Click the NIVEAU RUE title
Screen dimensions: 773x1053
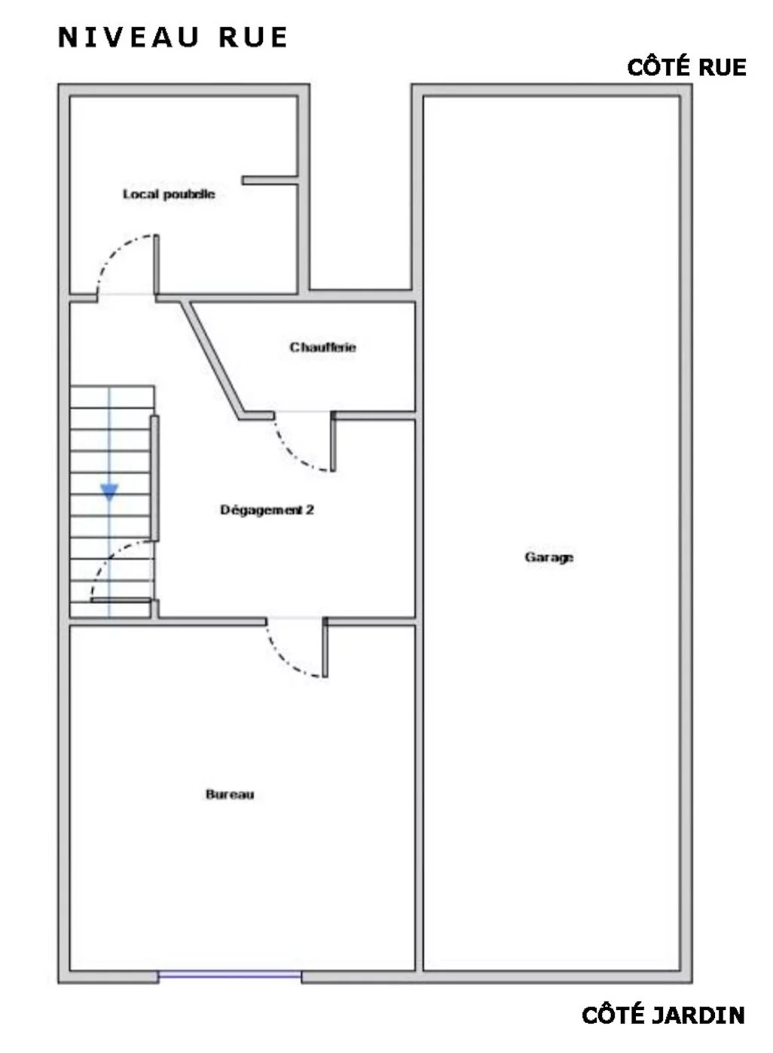pyautogui.click(x=173, y=38)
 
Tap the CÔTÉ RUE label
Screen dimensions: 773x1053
pyautogui.click(x=686, y=67)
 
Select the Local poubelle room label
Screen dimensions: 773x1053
pyautogui.click(x=169, y=194)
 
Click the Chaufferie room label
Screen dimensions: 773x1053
pyautogui.click(x=322, y=347)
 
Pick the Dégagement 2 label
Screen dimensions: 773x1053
pyautogui.click(x=267, y=510)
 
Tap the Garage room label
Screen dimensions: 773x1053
pyautogui.click(x=548, y=557)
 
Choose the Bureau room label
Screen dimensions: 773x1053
pyautogui.click(x=230, y=795)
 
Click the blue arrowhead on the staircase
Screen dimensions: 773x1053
pyautogui.click(x=109, y=492)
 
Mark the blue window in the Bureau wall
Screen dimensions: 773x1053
pyautogui.click(x=230, y=975)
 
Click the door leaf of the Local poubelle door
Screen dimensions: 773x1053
pyautogui.click(x=156, y=264)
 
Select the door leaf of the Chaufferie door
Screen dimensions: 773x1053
pyautogui.click(x=333, y=441)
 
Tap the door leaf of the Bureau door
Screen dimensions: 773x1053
pyautogui.click(x=325, y=647)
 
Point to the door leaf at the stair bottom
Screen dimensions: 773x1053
pyautogui.click(x=121, y=600)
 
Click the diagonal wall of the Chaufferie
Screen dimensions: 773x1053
pyautogui.click(x=212, y=359)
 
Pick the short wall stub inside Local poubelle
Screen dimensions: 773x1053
pyautogui.click(x=270, y=181)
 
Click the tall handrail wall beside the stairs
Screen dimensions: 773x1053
pyautogui.click(x=154, y=478)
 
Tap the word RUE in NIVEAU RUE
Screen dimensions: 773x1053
pyautogui.click(x=253, y=38)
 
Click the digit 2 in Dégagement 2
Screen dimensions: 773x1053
pyautogui.click(x=310, y=509)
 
